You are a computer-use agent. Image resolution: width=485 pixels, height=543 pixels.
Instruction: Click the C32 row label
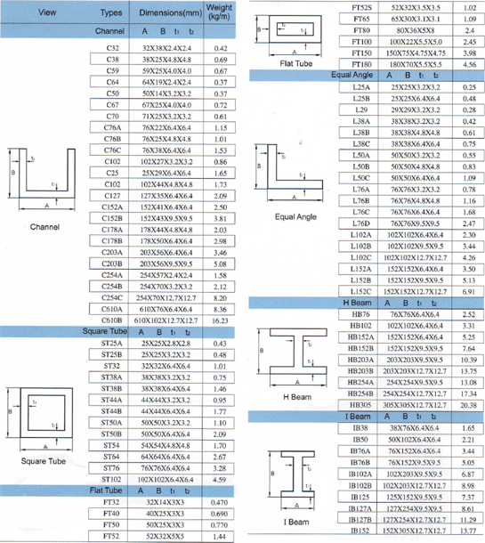(x=112, y=45)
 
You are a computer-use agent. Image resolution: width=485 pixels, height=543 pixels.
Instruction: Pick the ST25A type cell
(x=112, y=343)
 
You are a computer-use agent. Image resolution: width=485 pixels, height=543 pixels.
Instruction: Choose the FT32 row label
(x=112, y=503)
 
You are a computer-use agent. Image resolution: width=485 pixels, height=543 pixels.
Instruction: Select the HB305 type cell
(x=361, y=403)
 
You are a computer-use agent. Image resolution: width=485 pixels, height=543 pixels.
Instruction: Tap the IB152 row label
(x=361, y=531)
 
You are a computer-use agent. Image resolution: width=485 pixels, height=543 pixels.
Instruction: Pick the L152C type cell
(x=361, y=291)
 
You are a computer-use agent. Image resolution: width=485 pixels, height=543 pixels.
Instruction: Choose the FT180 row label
(x=361, y=65)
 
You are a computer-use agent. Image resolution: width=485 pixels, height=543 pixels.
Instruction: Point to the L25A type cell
(x=361, y=87)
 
